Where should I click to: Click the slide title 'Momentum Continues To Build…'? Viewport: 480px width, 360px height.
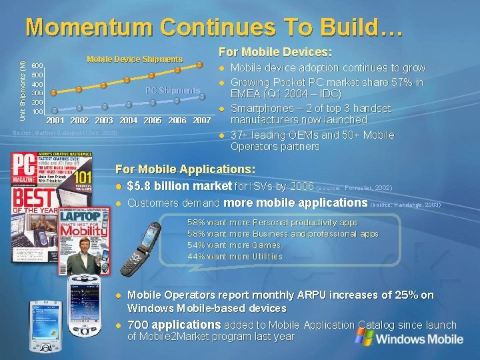pyautogui.click(x=214, y=27)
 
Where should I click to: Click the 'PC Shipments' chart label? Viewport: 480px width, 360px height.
pyautogui.click(x=173, y=91)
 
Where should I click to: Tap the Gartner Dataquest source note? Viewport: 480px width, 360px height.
pyautogui.click(x=65, y=133)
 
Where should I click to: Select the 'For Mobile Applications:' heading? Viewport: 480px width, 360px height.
pyautogui.click(x=185, y=170)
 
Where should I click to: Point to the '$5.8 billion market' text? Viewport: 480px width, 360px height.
pyautogui.click(x=179, y=186)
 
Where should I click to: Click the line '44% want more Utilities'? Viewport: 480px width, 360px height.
pyautogui.click(x=235, y=257)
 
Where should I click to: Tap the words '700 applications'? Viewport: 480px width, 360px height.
pyautogui.click(x=174, y=325)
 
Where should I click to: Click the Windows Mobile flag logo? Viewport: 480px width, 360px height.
pyautogui.click(x=364, y=337)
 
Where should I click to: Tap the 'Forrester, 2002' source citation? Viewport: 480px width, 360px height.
pyautogui.click(x=369, y=188)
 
